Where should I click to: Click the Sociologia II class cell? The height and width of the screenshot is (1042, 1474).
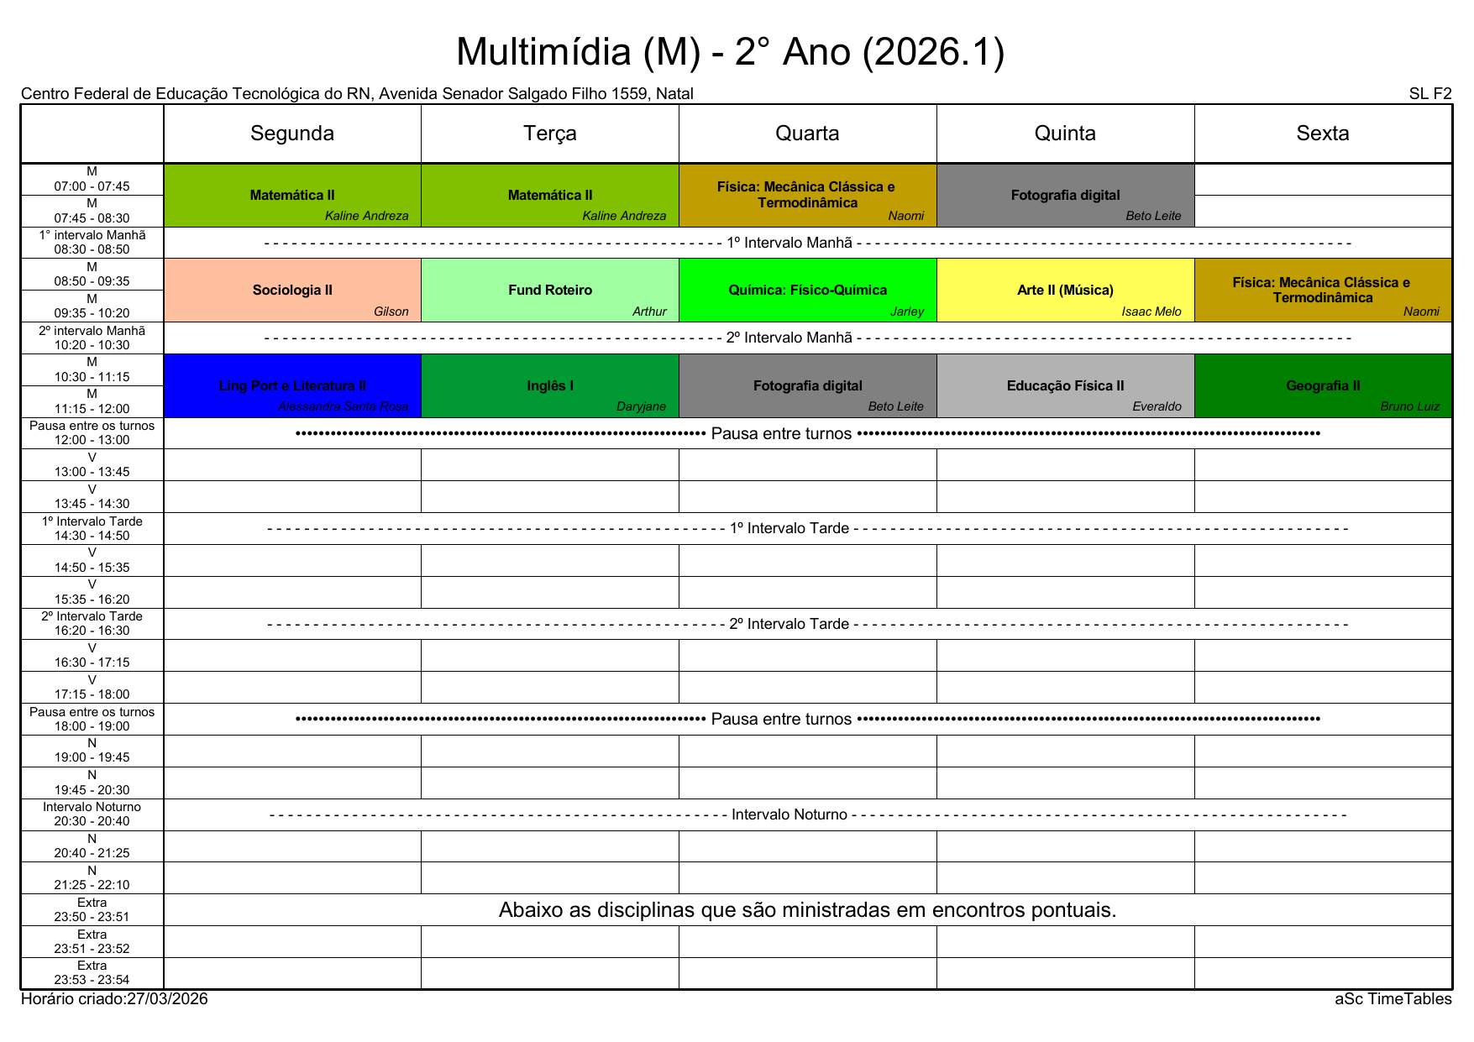tap(292, 290)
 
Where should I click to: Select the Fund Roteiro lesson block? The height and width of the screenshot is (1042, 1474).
tap(550, 290)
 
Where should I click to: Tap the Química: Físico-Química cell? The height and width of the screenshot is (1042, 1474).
tap(807, 290)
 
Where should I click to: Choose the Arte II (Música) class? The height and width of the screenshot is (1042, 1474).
tap(1065, 290)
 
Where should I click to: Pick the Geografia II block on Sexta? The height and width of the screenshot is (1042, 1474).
tap(1323, 385)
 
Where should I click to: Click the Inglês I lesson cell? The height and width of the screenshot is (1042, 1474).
tap(550, 385)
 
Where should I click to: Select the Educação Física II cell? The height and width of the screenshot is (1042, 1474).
tap(1065, 385)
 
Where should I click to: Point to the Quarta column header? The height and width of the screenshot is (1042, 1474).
tap(807, 134)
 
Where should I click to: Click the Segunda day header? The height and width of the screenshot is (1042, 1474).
tap(292, 134)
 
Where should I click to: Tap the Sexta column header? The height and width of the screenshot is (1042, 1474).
tap(1323, 134)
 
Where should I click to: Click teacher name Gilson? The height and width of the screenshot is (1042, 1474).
tap(391, 312)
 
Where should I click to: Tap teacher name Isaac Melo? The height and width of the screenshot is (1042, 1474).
tap(1151, 312)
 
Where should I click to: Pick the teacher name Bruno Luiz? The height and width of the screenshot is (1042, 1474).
tap(1409, 407)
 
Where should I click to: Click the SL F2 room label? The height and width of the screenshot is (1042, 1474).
tap(1429, 94)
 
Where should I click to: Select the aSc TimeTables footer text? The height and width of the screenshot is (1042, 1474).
tap(1393, 999)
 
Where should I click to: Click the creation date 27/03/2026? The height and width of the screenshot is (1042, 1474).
tap(167, 999)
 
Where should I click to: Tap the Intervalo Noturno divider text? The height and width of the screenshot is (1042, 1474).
tap(789, 814)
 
